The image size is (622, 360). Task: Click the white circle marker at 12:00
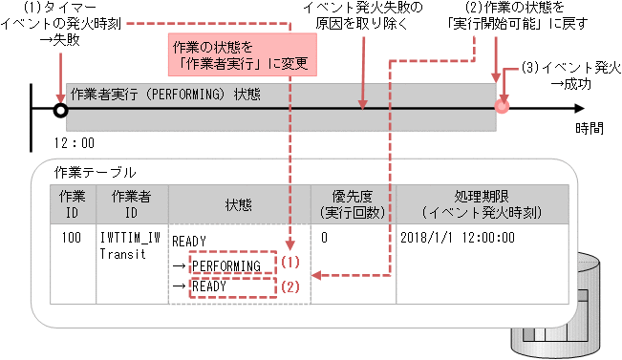(x=60, y=110)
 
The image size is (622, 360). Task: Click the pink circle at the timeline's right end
(x=501, y=106)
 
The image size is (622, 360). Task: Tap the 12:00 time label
(x=75, y=142)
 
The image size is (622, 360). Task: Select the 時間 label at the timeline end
(x=589, y=127)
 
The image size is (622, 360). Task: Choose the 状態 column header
(x=237, y=202)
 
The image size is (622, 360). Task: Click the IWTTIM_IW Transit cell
(x=130, y=244)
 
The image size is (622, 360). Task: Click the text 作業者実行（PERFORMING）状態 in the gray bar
(x=163, y=95)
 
